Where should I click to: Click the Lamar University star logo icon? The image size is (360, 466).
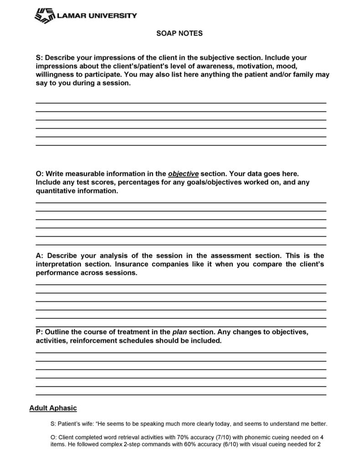tap(44, 16)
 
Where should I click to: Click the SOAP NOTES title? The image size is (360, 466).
tap(180, 34)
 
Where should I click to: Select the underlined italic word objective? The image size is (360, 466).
tap(183, 174)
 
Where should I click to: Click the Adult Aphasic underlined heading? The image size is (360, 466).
tap(53, 408)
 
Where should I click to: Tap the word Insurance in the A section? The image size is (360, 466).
tap(134, 264)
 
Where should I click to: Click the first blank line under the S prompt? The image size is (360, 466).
tap(181, 103)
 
